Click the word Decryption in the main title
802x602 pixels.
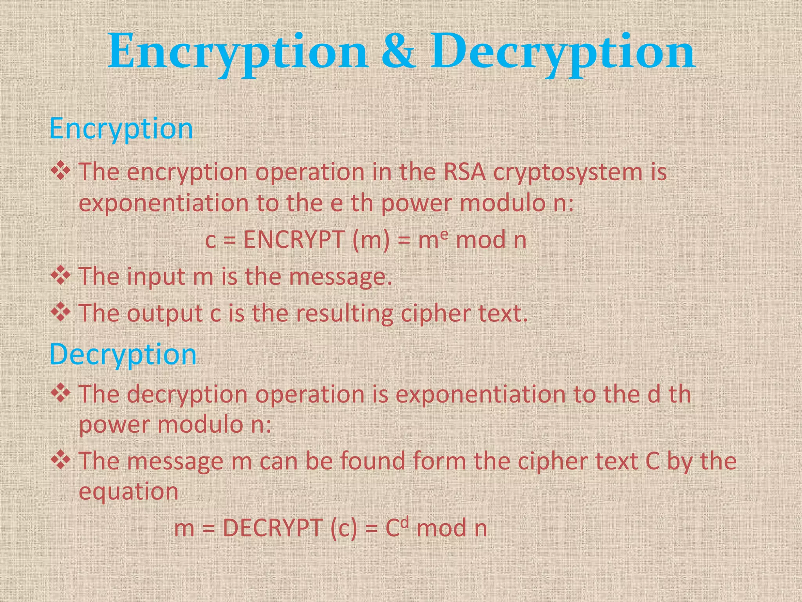[563, 53]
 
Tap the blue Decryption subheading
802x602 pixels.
[123, 354]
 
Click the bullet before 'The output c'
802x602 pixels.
[61, 312]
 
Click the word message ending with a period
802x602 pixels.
[340, 277]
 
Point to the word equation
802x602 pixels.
[128, 492]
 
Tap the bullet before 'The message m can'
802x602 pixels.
[61, 460]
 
